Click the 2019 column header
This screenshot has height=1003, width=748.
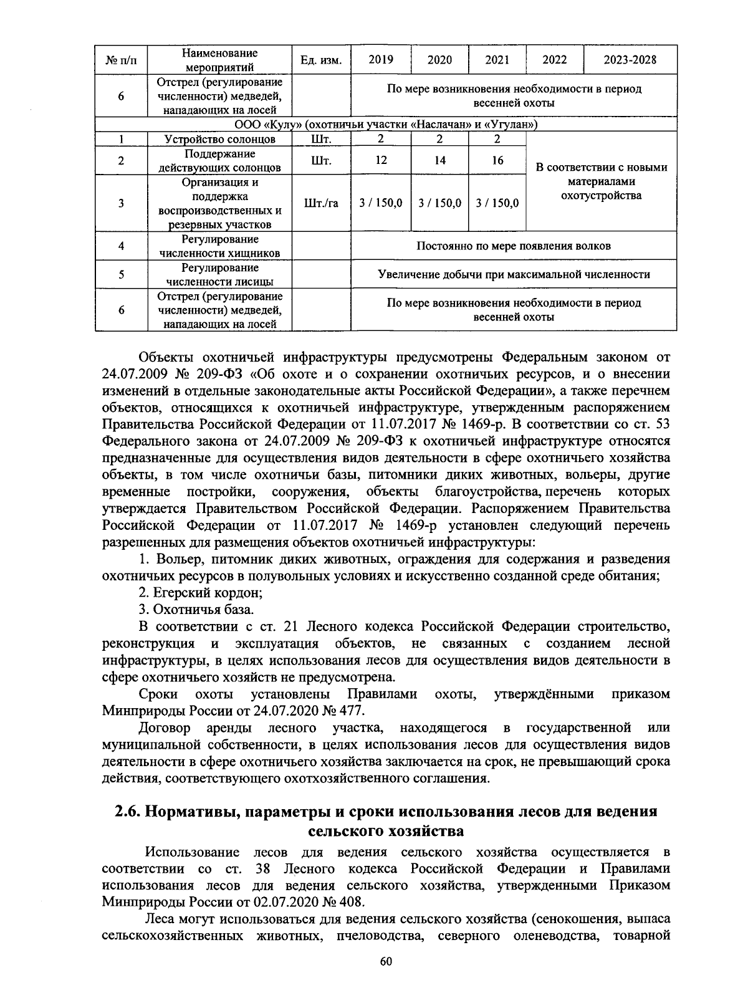(x=381, y=60)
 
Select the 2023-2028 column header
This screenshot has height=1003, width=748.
(x=630, y=60)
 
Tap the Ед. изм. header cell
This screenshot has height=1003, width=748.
(x=321, y=60)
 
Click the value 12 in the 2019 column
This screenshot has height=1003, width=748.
(x=381, y=161)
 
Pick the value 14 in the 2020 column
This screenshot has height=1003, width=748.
(x=439, y=161)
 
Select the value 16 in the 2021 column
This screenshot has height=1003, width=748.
(x=497, y=161)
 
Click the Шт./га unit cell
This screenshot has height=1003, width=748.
(x=321, y=203)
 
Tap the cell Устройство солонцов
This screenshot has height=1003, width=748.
(x=219, y=139)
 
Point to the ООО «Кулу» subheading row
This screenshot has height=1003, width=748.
(x=386, y=125)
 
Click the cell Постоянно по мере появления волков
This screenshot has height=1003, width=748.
(x=514, y=246)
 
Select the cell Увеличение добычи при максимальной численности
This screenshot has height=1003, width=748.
(x=514, y=274)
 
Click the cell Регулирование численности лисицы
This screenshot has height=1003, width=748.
(x=219, y=274)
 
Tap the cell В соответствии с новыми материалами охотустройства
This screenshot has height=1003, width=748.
(x=602, y=181)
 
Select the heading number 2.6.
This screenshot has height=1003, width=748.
(x=129, y=812)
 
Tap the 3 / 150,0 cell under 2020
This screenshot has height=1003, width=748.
(x=439, y=203)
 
